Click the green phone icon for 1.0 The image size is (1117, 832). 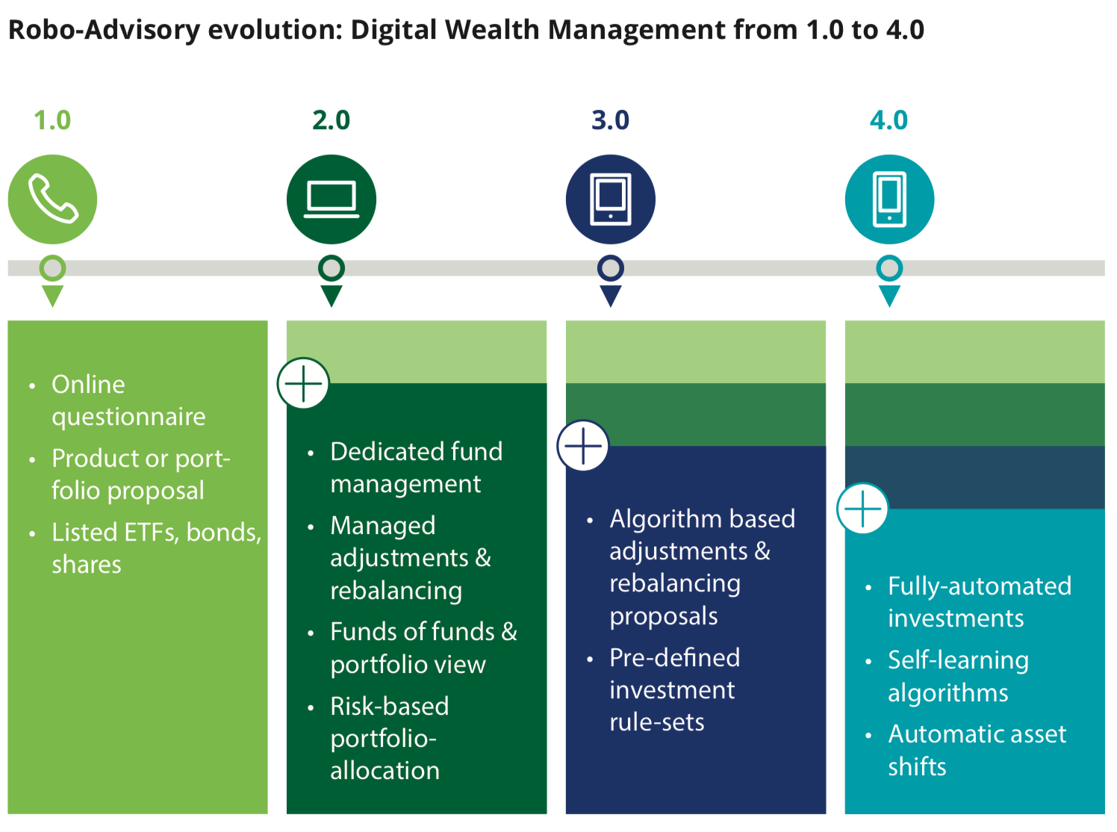coord(52,199)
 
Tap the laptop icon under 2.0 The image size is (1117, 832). coord(332,199)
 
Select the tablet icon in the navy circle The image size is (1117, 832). coord(611,199)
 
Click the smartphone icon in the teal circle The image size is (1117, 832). coord(889,199)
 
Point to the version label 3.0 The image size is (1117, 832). coord(610,120)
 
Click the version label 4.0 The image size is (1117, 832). coord(889,120)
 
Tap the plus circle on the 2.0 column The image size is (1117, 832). coord(303,384)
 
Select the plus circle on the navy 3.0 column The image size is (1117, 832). coord(583,446)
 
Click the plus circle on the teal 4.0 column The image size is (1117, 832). coord(862,509)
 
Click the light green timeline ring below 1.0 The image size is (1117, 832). coord(52,267)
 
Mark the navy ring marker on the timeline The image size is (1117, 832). coord(611,267)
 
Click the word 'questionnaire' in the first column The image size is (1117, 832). coord(128,417)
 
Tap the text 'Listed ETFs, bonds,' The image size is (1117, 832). coord(156,532)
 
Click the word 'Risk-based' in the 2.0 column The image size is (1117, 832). coord(389,706)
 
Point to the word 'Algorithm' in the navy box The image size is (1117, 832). coord(655,518)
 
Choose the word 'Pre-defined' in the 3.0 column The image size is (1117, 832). coord(674,657)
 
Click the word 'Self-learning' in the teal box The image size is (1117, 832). coord(958,660)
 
